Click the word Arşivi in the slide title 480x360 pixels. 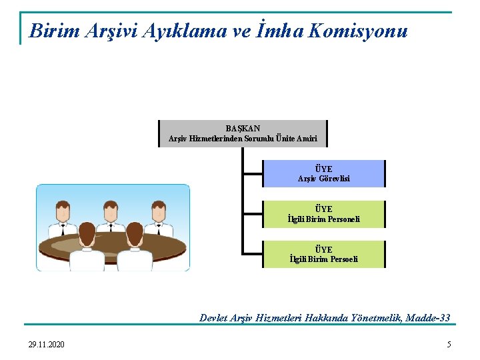pyautogui.click(x=113, y=31)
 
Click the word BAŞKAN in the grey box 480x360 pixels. pyautogui.click(x=243, y=127)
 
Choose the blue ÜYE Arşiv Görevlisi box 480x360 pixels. pyautogui.click(x=323, y=173)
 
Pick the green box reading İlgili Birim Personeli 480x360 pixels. pyautogui.click(x=323, y=214)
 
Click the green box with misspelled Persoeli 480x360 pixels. pyautogui.click(x=323, y=254)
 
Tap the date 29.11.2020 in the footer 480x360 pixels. pyautogui.click(x=47, y=344)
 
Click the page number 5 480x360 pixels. pyautogui.click(x=449, y=344)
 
